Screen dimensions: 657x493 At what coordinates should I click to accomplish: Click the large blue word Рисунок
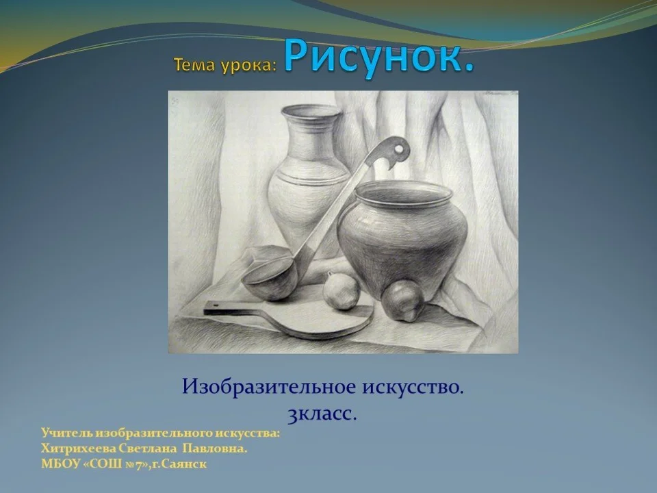click(379, 56)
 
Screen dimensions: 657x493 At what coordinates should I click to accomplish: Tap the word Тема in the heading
click(194, 65)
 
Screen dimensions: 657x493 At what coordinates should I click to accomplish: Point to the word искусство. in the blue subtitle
click(413, 386)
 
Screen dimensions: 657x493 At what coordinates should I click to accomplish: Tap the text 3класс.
click(322, 414)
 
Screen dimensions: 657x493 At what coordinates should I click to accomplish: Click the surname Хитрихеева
click(78, 449)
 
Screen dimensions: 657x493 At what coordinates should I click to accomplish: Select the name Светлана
click(149, 449)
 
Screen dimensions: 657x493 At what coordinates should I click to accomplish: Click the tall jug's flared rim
click(312, 111)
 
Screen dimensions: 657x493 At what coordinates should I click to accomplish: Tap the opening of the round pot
click(403, 193)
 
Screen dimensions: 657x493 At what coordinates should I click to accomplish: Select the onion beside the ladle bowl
click(341, 291)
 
